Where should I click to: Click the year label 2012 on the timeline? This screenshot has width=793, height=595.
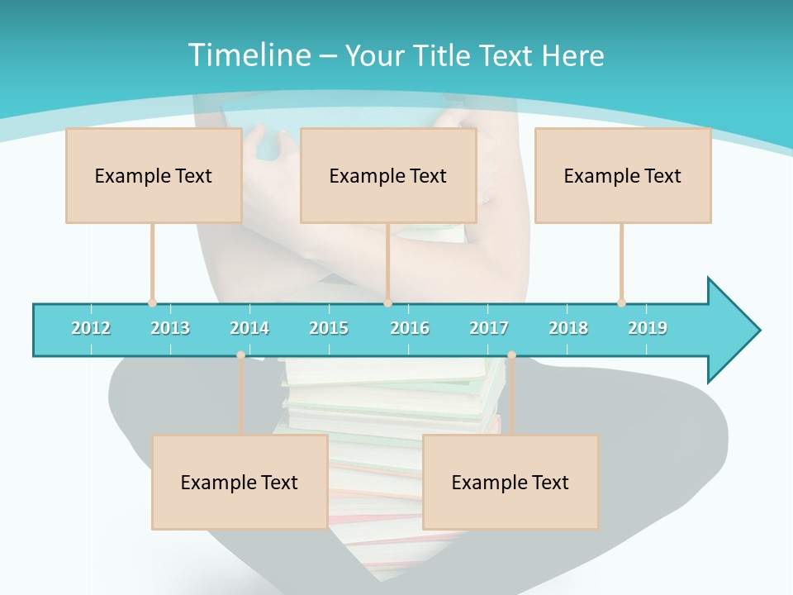point(91,328)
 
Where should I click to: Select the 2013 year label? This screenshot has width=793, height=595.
point(170,328)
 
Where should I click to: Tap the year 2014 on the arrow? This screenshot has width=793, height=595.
point(249,328)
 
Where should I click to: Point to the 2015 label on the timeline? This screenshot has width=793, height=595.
point(329,328)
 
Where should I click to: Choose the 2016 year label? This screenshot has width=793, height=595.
point(410,328)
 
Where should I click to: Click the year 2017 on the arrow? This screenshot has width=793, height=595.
point(489,328)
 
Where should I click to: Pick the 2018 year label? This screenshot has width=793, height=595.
point(568,328)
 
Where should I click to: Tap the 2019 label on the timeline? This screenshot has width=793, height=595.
point(648,328)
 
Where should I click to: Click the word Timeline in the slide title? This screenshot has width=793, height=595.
point(249,55)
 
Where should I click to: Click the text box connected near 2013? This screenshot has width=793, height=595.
point(154,175)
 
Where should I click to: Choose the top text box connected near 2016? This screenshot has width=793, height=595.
point(388,175)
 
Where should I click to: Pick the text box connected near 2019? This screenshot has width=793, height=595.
point(623,175)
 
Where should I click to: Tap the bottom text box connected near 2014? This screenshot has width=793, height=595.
point(240,482)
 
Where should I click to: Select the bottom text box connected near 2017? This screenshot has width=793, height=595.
point(510,482)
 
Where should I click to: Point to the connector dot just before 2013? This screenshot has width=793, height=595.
point(152,302)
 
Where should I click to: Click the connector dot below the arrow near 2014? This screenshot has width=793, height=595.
point(240,355)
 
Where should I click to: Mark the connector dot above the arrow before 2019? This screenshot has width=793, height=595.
point(621,302)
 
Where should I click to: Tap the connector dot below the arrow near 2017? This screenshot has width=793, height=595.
point(511,355)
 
